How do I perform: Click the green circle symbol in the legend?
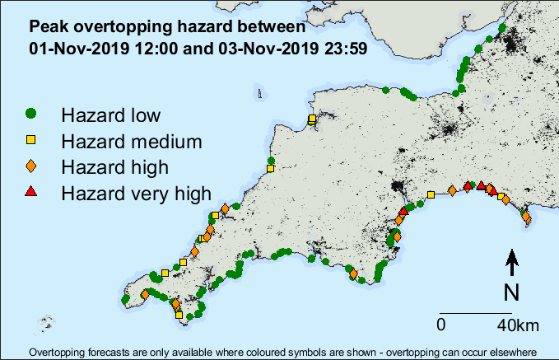[30, 113]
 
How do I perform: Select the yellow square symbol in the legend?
[30, 140]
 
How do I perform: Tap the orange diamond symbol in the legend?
[30, 167]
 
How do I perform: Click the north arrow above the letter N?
[511, 262]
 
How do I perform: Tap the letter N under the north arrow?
[511, 292]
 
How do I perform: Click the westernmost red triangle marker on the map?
[403, 211]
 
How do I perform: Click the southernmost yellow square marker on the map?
[179, 314]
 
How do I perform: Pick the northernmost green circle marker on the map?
[501, 28]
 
